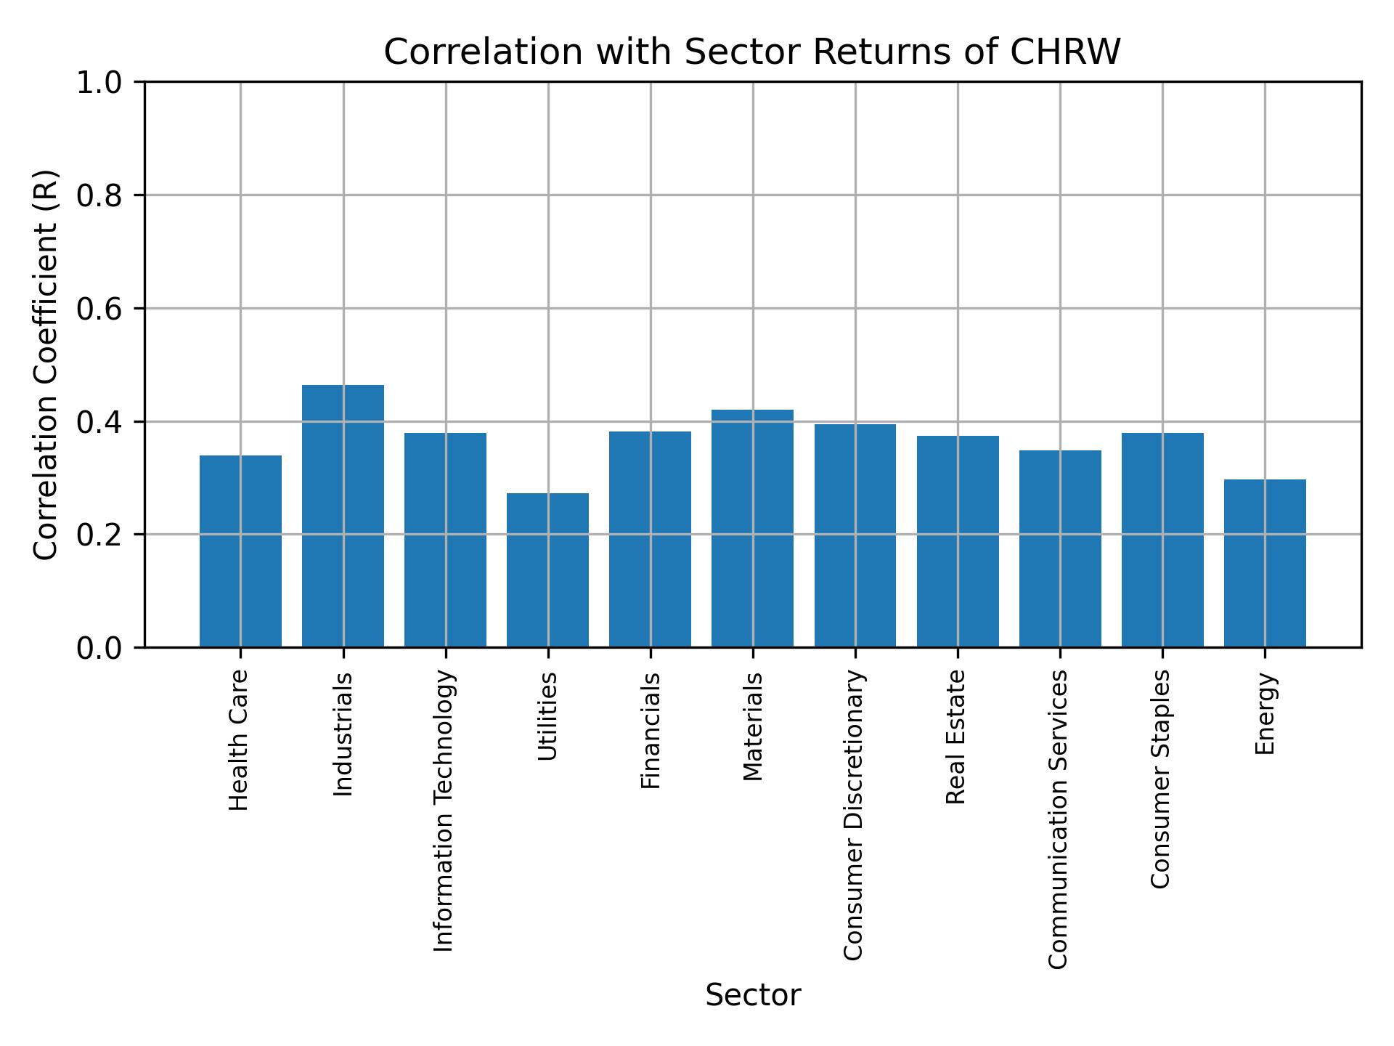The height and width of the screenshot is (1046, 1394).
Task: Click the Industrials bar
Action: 343,516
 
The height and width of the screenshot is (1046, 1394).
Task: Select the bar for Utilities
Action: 547,570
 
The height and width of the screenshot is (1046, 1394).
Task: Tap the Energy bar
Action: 1265,563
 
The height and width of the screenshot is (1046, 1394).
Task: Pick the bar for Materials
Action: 752,528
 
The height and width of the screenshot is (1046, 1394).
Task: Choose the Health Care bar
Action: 240,551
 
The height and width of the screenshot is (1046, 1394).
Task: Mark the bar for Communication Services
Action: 1060,548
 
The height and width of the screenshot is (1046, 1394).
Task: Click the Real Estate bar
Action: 958,541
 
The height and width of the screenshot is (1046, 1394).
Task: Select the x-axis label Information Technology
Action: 444,811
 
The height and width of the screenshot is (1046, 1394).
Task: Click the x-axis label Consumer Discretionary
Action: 854,815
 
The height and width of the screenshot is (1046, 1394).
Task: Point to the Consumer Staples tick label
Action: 1161,779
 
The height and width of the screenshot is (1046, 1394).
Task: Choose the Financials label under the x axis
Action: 651,730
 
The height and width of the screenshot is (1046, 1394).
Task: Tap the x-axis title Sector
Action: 753,995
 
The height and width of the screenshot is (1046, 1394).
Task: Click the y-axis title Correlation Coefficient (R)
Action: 46,365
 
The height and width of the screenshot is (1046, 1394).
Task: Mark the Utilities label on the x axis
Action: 548,716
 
